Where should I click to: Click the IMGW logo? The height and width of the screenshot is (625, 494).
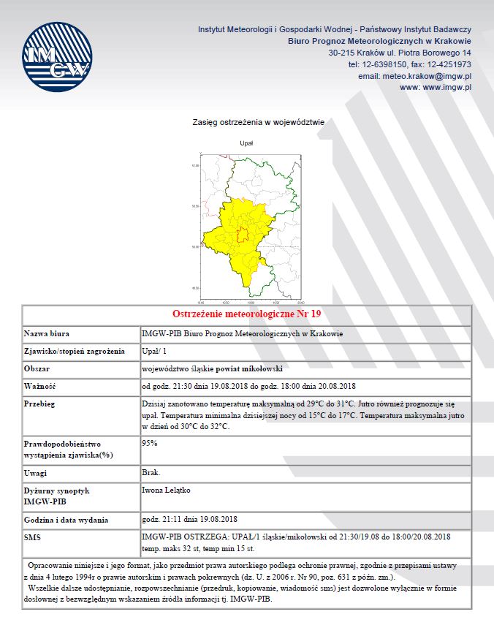coord(56,58)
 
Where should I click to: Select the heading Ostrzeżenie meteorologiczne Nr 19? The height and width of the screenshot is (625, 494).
coord(247,314)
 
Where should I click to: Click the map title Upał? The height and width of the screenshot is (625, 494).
coord(247,143)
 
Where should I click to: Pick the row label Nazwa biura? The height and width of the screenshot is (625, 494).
coord(47,333)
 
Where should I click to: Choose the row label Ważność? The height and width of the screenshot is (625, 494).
coord(40,385)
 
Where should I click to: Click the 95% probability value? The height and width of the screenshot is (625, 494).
coord(150,443)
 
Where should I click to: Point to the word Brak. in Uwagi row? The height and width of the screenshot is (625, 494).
coord(150,473)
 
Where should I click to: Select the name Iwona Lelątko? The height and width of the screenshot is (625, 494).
coord(166,490)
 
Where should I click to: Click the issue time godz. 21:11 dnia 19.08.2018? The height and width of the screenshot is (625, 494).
coord(187,520)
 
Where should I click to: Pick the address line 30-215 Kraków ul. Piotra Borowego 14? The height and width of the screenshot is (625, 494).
coord(399,53)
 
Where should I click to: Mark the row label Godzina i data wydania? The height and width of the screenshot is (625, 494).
coord(66,520)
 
